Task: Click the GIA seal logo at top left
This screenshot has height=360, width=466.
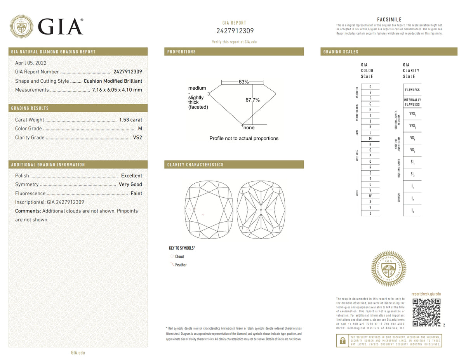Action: point(21,26)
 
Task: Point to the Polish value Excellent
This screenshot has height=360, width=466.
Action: point(132,176)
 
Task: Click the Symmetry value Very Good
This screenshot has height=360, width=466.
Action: point(130,184)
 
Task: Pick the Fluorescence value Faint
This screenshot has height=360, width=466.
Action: point(136,193)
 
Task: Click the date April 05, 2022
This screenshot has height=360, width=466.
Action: point(31,63)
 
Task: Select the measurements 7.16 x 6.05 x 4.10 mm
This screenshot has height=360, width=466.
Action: point(117,90)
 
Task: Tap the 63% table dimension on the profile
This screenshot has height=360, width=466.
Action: point(243,82)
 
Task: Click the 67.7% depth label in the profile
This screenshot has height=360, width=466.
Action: point(252,100)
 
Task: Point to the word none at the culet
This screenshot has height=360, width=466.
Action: point(249,128)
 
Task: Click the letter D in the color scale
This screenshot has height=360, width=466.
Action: point(370,87)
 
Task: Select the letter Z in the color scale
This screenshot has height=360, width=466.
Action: point(370,213)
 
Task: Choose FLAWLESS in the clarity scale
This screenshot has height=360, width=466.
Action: point(412,90)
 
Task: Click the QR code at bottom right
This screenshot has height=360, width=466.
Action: point(426,313)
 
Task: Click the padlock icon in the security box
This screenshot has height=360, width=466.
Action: point(343,340)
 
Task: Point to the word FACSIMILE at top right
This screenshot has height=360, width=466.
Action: point(389,20)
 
